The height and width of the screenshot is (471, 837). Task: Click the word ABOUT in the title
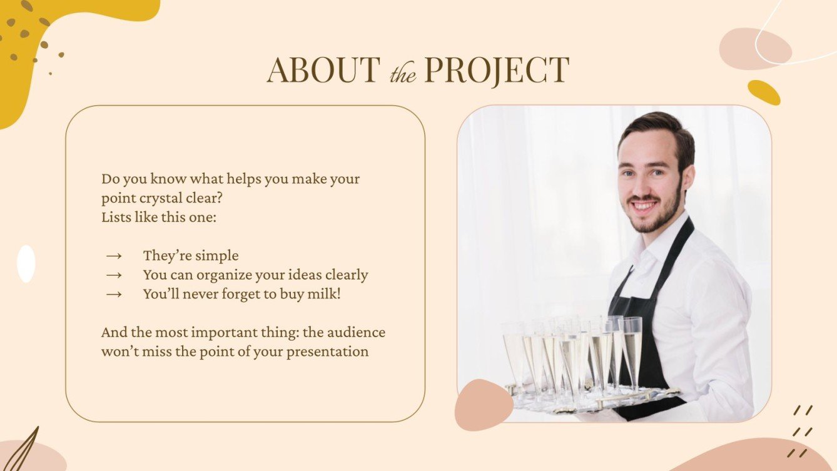(323, 70)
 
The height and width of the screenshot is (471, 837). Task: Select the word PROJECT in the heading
(496, 70)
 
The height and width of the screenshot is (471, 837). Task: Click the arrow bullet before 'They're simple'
(113, 256)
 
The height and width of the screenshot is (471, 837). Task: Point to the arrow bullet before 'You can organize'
(113, 275)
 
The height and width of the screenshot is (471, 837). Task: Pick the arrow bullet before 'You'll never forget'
(113, 294)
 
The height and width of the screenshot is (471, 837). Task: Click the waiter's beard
(657, 216)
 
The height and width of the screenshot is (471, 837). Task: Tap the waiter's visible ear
(688, 178)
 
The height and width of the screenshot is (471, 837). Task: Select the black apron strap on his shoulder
(679, 244)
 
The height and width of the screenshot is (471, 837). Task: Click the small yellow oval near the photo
(764, 93)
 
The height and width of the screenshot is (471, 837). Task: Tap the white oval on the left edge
(26, 263)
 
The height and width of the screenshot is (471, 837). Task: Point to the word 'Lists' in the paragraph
(115, 218)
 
